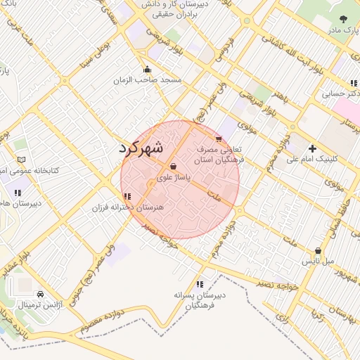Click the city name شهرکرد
click(x=141, y=148)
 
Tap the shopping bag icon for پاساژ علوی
click(x=174, y=167)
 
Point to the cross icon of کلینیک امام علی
click(x=312, y=148)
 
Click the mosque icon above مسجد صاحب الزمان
click(x=147, y=69)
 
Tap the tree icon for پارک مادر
click(x=343, y=20)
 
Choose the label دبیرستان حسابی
click(x=341, y=93)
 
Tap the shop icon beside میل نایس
click(x=319, y=250)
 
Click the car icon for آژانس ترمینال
click(x=40, y=295)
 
